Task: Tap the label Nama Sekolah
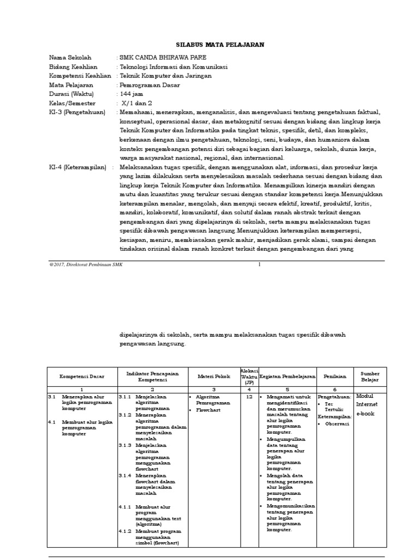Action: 70,57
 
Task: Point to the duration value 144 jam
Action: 133,94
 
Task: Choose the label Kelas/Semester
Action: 72,104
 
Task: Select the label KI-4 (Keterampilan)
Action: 77,168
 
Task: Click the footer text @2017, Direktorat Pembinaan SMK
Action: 86,264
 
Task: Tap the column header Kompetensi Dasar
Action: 82,376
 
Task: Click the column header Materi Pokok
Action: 213,376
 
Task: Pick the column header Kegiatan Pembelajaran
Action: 287,376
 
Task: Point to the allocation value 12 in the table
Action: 249,397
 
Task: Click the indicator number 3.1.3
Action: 125,446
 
